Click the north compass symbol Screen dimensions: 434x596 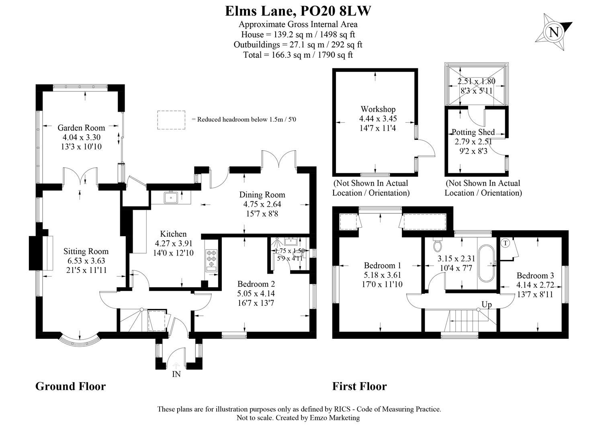point(553,32)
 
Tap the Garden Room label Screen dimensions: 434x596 point(81,128)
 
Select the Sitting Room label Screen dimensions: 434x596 point(86,251)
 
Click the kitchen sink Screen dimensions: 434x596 point(171,197)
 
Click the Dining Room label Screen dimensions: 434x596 point(262,195)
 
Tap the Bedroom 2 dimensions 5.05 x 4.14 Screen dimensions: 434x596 point(256,293)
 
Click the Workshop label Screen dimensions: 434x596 point(378,109)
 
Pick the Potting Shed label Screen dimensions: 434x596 point(473,132)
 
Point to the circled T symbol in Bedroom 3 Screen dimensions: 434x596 point(506,243)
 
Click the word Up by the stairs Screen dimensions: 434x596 point(487,304)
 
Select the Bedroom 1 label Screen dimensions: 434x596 point(382,265)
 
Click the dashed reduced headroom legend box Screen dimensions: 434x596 point(171,120)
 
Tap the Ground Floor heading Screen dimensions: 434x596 point(70,386)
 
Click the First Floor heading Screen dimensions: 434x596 point(359,386)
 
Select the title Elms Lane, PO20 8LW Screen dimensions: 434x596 point(298,11)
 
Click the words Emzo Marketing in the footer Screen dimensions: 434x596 point(335,418)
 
